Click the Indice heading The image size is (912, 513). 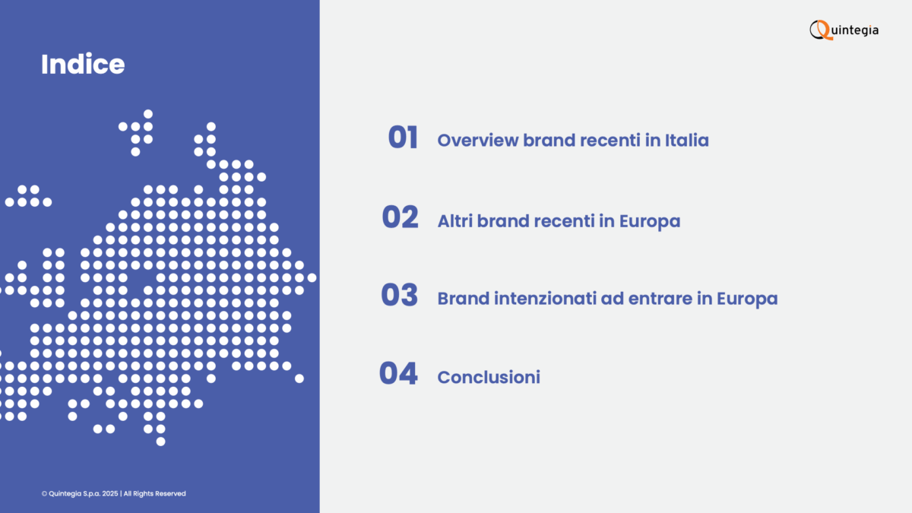click(83, 65)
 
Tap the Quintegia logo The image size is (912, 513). click(844, 30)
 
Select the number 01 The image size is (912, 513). click(403, 138)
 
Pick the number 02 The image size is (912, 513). click(400, 217)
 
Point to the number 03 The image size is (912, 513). click(399, 295)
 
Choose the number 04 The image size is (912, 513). click(398, 373)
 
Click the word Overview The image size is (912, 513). click(478, 141)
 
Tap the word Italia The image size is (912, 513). click(687, 141)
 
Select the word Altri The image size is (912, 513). click(454, 221)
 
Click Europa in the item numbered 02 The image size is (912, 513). click(650, 222)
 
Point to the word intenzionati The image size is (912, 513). click(545, 299)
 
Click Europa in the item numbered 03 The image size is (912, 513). click(747, 299)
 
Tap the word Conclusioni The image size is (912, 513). click(489, 378)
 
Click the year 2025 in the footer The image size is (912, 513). click(110, 493)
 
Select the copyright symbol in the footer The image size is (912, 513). click(44, 493)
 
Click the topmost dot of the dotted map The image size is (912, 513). click(148, 114)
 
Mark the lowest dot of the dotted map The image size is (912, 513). click(161, 442)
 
